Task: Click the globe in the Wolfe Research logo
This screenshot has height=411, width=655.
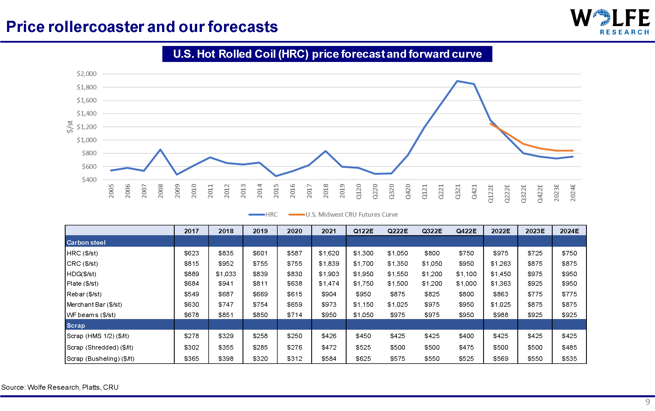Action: (602, 17)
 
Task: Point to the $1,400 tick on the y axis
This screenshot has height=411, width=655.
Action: (87, 114)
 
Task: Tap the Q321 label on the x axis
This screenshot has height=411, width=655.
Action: (458, 192)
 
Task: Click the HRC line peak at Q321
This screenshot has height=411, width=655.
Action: (457, 81)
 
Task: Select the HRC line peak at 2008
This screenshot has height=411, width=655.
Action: (160, 149)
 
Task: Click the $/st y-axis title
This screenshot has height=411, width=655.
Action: (70, 127)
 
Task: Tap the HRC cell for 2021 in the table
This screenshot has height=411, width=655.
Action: (329, 253)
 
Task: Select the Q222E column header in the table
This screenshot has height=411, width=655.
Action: (398, 231)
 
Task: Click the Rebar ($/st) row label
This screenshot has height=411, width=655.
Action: (84, 294)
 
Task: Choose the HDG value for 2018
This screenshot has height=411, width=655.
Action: (226, 274)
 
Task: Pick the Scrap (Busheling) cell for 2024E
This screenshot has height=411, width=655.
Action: (569, 359)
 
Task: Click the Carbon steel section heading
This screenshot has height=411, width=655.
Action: (86, 243)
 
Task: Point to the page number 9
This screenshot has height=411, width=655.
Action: (647, 402)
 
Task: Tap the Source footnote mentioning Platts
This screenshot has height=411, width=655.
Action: (60, 387)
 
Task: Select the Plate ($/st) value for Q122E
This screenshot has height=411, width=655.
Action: (363, 283)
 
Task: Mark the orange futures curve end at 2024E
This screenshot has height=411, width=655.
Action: (573, 151)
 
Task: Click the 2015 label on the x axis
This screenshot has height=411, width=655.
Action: (276, 191)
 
